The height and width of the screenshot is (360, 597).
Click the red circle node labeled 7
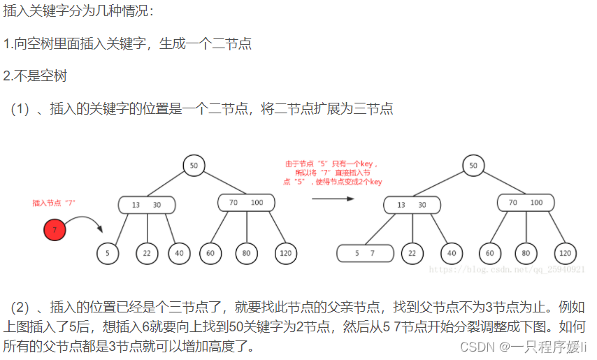(55, 229)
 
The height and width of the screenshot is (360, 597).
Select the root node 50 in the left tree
(194, 165)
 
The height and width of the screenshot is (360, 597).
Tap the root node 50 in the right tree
(473, 165)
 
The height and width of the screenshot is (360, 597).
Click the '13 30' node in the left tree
(147, 205)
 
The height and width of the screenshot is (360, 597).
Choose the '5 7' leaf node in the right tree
(364, 253)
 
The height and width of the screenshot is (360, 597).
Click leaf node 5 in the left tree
(108, 253)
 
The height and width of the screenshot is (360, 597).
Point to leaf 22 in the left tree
(147, 253)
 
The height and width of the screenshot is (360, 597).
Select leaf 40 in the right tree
(452, 253)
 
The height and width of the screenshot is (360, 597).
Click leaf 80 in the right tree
(526, 253)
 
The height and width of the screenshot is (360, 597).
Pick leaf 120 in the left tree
(284, 253)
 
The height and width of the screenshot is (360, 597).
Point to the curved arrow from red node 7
(87, 222)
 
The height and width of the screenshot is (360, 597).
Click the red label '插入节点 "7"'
(54, 203)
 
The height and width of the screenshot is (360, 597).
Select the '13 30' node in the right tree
(412, 205)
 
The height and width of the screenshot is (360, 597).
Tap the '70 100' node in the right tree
(526, 203)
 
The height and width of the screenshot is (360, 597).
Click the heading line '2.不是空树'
(35, 76)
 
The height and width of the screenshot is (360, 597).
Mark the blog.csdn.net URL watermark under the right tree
(506, 269)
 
